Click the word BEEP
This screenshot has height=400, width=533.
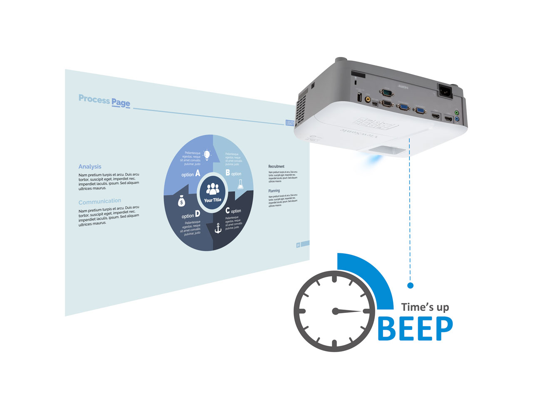pyautogui.click(x=415, y=329)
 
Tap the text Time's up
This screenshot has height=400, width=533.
pyautogui.click(x=425, y=307)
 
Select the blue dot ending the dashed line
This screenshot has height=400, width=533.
pyautogui.click(x=410, y=285)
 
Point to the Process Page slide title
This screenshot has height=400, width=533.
pyautogui.click(x=105, y=100)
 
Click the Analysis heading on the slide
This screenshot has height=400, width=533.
pyautogui.click(x=90, y=166)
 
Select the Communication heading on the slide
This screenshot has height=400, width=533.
pyautogui.click(x=100, y=202)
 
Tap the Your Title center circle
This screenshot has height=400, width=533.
pyautogui.click(x=213, y=192)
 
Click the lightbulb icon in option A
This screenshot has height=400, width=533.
pyautogui.click(x=207, y=155)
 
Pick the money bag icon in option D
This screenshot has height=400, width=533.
pyautogui.click(x=182, y=201)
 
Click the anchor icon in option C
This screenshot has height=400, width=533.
pyautogui.click(x=217, y=228)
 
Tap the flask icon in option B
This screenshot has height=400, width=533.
pyautogui.click(x=240, y=185)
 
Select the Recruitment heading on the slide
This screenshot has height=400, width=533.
pyautogui.click(x=276, y=166)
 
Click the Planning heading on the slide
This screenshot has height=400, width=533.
pyautogui.click(x=274, y=191)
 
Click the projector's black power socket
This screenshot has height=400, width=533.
pyautogui.click(x=445, y=90)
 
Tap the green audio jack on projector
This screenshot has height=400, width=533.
pyautogui.click(x=457, y=112)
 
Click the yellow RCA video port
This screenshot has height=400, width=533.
pyautogui.click(x=368, y=100)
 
